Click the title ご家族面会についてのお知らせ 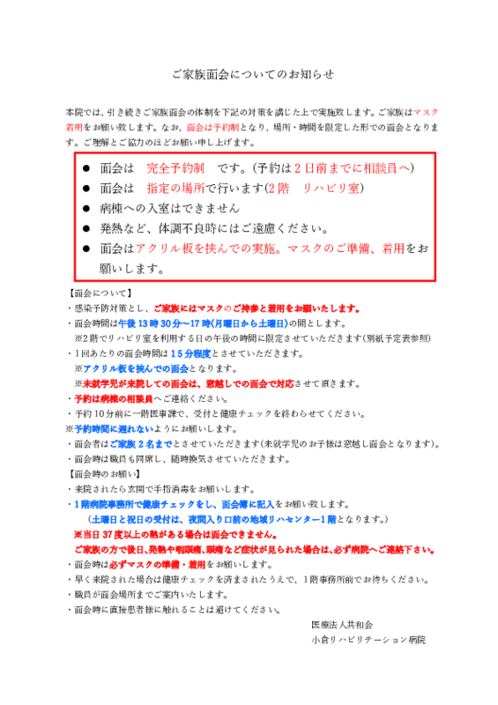pyautogui.click(x=253, y=74)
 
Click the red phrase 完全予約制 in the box pyautogui.click(x=175, y=168)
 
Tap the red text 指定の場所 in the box pyautogui.click(x=176, y=188)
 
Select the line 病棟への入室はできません pyautogui.click(x=169, y=208)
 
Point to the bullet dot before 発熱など pyautogui.click(x=86, y=228)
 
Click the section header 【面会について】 pyautogui.click(x=100, y=293)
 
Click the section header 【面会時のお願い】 pyautogui.click(x=104, y=474)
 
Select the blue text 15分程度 pyautogui.click(x=190, y=354)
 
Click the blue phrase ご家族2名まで pyautogui.click(x=141, y=444)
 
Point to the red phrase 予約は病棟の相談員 pyautogui.click(x=114, y=399)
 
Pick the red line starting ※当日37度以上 pyautogui.click(x=175, y=535)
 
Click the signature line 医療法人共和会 pyautogui.click(x=342, y=625)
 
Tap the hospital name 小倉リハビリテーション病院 pyautogui.click(x=368, y=640)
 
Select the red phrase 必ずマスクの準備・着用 pyautogui.click(x=158, y=565)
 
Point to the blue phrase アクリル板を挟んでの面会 pyautogui.click(x=136, y=369)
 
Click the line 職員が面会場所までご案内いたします pyautogui.click(x=151, y=595)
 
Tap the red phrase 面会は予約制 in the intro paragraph pyautogui.click(x=212, y=128)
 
